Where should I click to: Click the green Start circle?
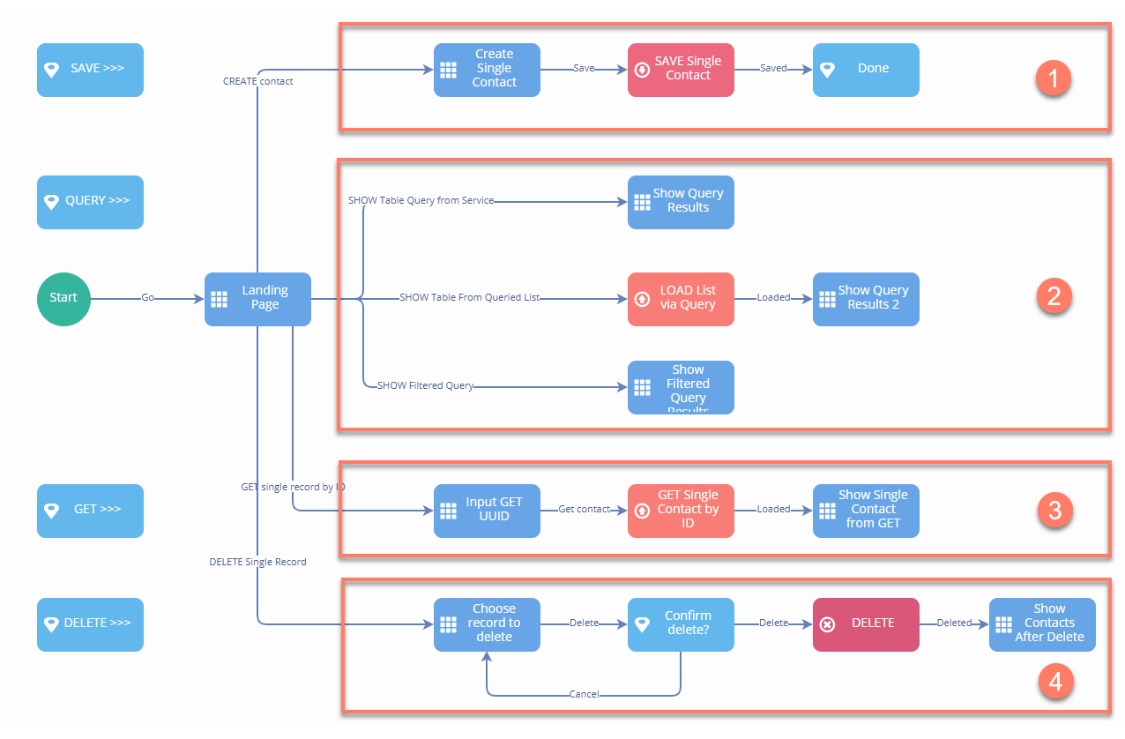tap(63, 298)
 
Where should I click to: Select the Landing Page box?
tap(257, 298)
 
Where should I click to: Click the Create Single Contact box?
tap(487, 69)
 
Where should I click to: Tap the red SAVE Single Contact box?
tap(681, 69)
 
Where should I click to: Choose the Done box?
tap(866, 69)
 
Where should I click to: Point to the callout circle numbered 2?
tap(1053, 296)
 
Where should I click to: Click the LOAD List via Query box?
tap(681, 298)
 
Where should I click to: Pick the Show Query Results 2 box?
tap(866, 298)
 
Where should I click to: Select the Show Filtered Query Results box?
tap(681, 386)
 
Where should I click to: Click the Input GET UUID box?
tap(487, 510)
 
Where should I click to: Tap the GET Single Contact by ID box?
tap(681, 510)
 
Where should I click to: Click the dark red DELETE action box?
tap(866, 623)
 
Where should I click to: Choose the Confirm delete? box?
tap(681, 623)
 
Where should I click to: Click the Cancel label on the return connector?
tap(584, 694)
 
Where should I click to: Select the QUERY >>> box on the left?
tap(90, 201)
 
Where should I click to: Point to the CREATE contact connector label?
tap(257, 81)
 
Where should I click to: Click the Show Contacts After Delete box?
tap(1042, 623)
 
